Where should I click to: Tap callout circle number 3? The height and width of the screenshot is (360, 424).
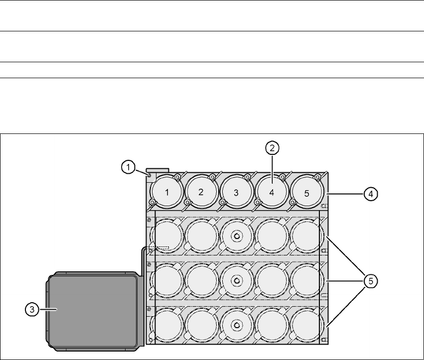point(32,309)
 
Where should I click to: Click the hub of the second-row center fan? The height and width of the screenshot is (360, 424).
point(237,236)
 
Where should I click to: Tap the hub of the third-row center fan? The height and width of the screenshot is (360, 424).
point(237,280)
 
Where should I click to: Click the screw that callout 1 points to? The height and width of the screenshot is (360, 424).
point(148,174)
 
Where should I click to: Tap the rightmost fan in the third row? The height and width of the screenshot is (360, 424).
point(306,280)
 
